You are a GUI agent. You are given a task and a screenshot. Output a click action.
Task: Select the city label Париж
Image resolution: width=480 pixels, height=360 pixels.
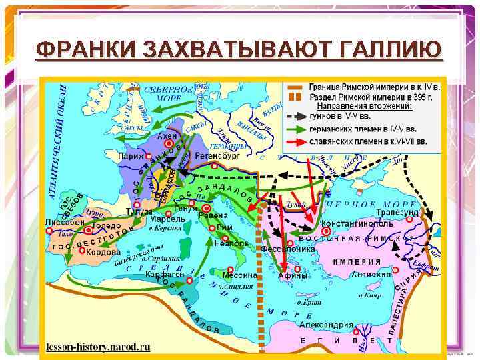click(x=131, y=156)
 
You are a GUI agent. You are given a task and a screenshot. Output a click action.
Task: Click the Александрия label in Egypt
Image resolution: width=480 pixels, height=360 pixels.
click(x=326, y=325)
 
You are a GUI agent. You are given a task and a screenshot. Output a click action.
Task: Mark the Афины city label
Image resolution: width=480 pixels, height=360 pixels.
click(x=293, y=275)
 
